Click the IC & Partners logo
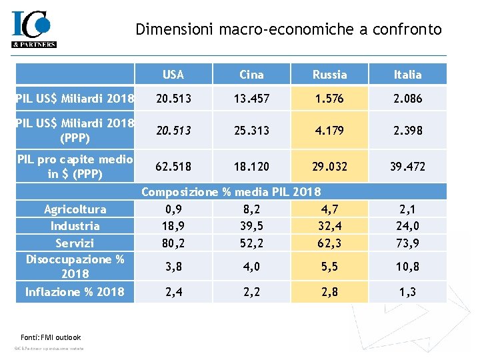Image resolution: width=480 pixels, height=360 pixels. click(33, 30)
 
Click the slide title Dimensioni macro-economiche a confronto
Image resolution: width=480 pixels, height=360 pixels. click(288, 29)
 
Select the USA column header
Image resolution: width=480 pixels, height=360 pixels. click(173, 75)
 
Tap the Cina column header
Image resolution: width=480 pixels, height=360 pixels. click(251, 75)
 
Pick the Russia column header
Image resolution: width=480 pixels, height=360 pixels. click(329, 75)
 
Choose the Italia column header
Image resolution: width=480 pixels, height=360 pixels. click(407, 75)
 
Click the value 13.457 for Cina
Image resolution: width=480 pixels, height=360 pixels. click(251, 99)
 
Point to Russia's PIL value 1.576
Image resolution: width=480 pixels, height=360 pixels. click(329, 99)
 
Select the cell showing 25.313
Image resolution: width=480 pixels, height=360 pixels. click(251, 131)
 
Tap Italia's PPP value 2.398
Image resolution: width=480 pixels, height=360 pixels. click(407, 131)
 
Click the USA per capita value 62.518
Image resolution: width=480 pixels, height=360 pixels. click(173, 165)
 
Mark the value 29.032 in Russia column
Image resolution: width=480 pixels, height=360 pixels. click(329, 165)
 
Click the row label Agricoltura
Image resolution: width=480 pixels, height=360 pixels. click(75, 209)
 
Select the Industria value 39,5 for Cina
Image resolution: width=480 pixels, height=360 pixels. click(251, 226)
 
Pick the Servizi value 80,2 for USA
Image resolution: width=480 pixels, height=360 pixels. click(173, 243)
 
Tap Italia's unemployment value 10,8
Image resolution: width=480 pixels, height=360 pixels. click(407, 266)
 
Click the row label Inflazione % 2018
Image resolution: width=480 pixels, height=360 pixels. click(75, 291)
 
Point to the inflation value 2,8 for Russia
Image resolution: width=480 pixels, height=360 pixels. click(329, 291)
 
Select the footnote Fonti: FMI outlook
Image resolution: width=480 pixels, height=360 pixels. click(47, 337)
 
